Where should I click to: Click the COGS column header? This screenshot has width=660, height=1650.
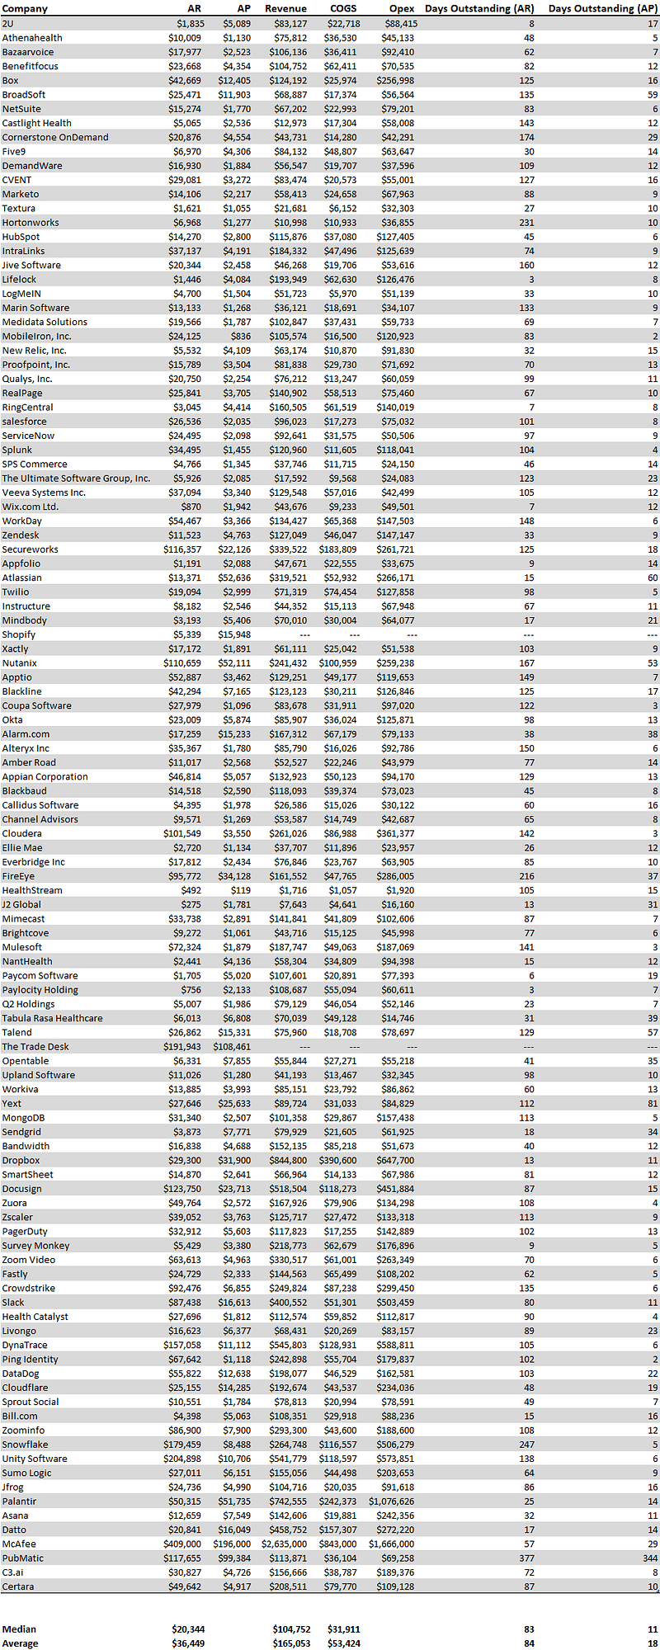pyautogui.click(x=343, y=9)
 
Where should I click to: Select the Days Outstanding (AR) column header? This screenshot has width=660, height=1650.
pyautogui.click(x=478, y=9)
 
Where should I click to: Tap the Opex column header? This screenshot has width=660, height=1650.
pyautogui.click(x=402, y=9)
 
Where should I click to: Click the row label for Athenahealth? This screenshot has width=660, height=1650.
pyautogui.click(x=32, y=38)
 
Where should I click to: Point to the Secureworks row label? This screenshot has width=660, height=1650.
pyautogui.click(x=31, y=549)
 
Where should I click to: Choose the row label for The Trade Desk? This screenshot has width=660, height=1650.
pyautogui.click(x=35, y=1047)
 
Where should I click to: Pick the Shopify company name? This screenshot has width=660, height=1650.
pyautogui.click(x=19, y=634)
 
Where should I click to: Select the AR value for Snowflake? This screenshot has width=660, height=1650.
pyautogui.click(x=182, y=1445)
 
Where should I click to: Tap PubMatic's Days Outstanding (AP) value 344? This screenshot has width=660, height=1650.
pyautogui.click(x=650, y=1558)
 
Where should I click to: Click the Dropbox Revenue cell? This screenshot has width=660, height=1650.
pyautogui.click(x=288, y=1160)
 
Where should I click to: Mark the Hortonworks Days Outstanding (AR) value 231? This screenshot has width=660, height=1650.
pyautogui.click(x=526, y=223)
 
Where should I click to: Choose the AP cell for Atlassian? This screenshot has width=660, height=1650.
pyautogui.click(x=237, y=577)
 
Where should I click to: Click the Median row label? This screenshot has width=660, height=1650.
pyautogui.click(x=19, y=1629)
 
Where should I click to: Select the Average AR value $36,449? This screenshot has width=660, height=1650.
pyautogui.click(x=188, y=1643)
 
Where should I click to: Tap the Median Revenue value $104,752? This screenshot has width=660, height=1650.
pyautogui.click(x=291, y=1629)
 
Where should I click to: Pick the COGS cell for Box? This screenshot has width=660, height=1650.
pyautogui.click(x=341, y=81)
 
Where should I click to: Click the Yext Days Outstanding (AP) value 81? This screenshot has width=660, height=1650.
pyautogui.click(x=653, y=1104)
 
